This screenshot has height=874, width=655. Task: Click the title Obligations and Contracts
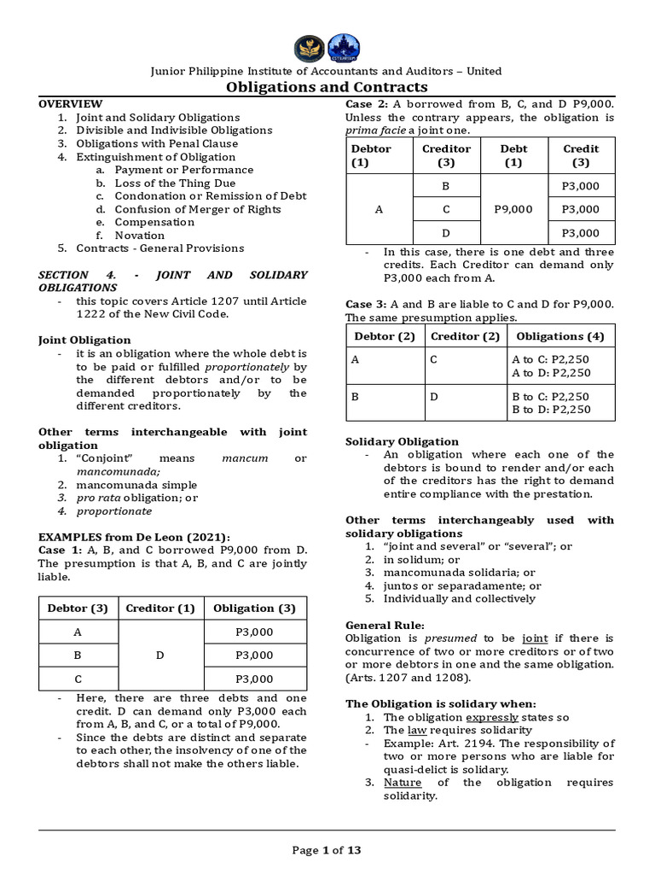(327, 87)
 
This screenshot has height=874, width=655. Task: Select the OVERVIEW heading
(70, 103)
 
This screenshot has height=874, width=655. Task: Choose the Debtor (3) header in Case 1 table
(77, 609)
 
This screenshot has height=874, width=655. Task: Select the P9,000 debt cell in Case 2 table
(513, 208)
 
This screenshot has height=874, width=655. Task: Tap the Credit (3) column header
(581, 155)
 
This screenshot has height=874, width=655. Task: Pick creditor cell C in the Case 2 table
(446, 208)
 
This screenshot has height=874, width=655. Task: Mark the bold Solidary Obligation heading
(402, 441)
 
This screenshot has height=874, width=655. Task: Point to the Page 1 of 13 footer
(327, 849)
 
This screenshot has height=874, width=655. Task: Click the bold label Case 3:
(363, 305)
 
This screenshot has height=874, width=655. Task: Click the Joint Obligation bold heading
(84, 340)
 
